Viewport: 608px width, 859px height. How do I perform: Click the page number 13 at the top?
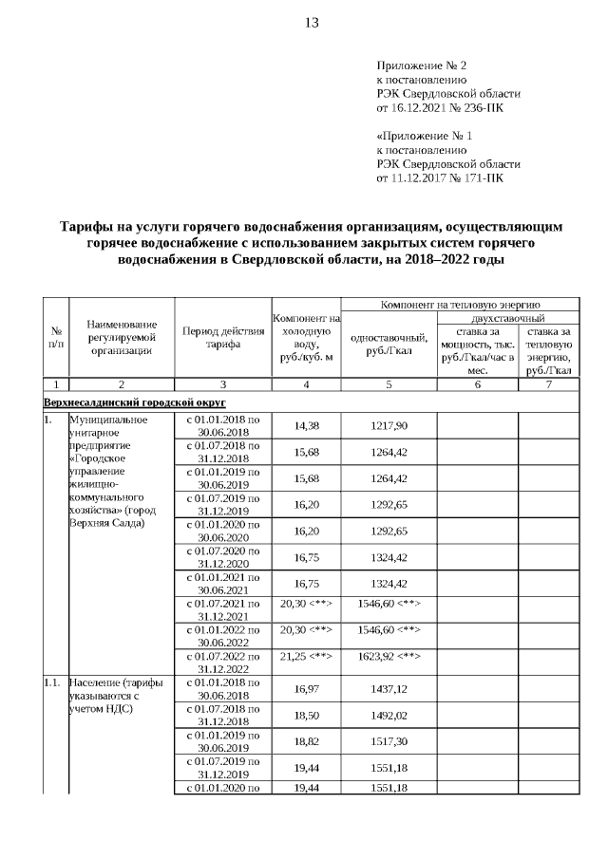click(x=312, y=24)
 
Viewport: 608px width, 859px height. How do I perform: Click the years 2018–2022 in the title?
click(x=446, y=259)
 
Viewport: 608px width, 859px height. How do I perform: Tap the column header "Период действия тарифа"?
click(x=222, y=337)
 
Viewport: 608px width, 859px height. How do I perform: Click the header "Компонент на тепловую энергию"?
click(x=460, y=304)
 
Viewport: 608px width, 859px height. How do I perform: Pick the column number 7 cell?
click(x=548, y=384)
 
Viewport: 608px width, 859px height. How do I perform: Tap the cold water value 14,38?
click(x=306, y=425)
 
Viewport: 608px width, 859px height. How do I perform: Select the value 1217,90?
click(x=389, y=425)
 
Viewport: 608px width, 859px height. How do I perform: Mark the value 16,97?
click(x=306, y=688)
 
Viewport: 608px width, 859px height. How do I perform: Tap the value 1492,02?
click(x=389, y=715)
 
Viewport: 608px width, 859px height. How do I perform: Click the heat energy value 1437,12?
click(x=389, y=688)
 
